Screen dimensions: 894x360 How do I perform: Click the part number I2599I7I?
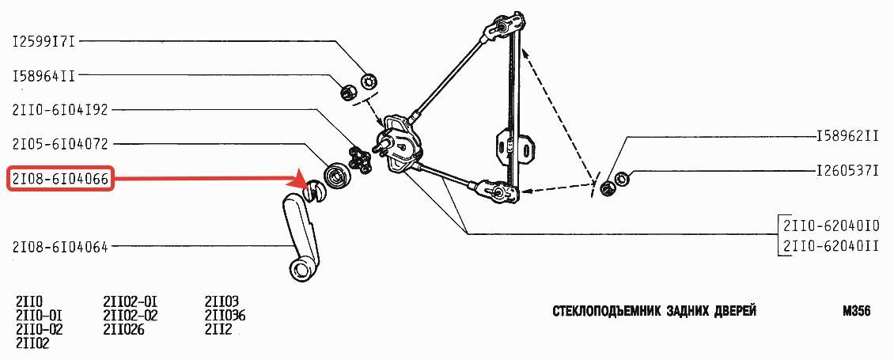click(44, 42)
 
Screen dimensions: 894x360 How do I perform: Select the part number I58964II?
click(44, 76)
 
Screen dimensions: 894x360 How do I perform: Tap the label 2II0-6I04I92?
click(60, 110)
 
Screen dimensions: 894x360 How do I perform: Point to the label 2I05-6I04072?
click(60, 144)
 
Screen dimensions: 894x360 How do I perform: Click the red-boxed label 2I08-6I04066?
click(60, 179)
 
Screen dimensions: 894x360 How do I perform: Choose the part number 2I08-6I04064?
click(60, 247)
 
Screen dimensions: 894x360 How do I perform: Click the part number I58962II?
click(848, 138)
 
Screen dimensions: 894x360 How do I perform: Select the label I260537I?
click(848, 171)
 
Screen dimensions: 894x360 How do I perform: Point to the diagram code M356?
click(856, 312)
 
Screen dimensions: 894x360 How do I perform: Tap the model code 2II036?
click(225, 316)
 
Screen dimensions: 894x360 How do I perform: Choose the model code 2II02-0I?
click(131, 301)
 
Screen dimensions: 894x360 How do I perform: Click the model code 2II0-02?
click(40, 329)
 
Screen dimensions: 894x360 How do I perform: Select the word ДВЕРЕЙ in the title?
click(733, 312)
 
